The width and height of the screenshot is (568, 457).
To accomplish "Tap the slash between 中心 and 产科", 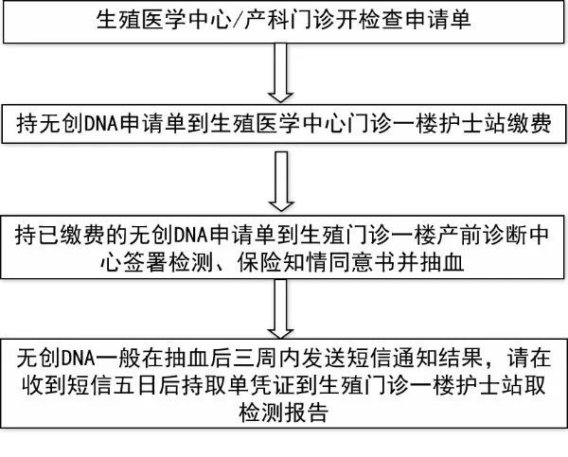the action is click(x=238, y=19).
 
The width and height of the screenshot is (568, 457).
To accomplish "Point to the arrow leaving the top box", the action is click(x=281, y=73).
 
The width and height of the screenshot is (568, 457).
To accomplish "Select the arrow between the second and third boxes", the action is click(x=281, y=181).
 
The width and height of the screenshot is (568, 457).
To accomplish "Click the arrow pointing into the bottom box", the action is click(x=281, y=308).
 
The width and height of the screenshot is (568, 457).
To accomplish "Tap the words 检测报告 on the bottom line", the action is click(x=284, y=412).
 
